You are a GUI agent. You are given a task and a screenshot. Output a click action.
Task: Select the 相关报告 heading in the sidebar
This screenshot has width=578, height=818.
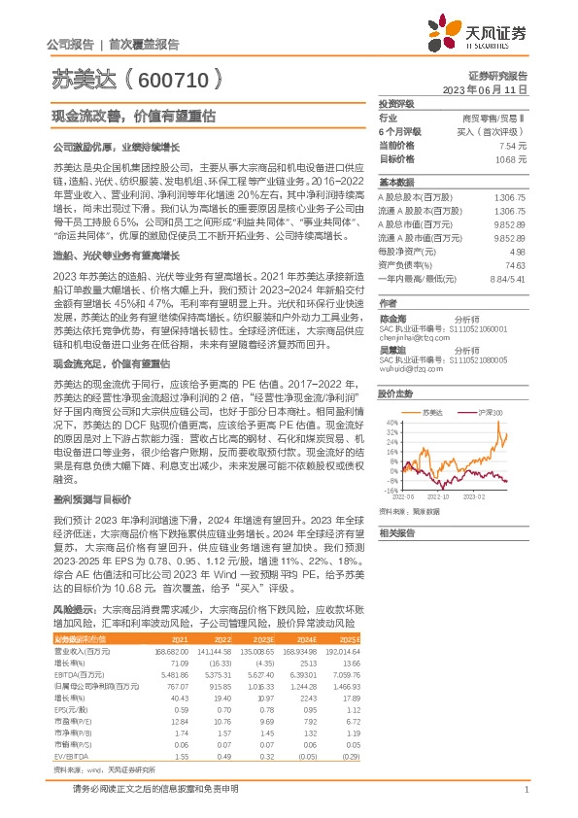click(x=397, y=532)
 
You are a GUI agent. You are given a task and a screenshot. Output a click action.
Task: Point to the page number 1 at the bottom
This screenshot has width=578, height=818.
click(x=525, y=799)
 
